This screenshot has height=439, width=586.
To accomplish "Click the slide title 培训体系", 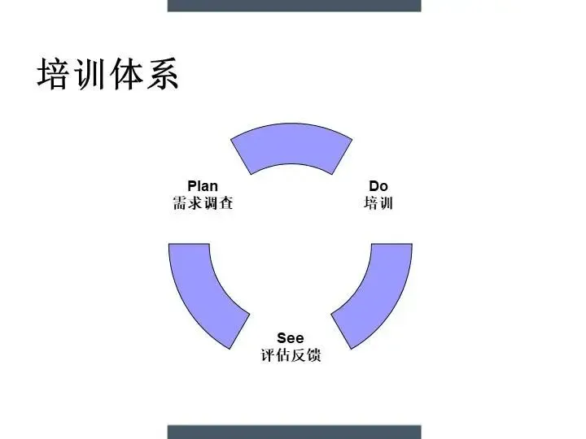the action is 107,74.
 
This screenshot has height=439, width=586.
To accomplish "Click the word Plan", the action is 203,187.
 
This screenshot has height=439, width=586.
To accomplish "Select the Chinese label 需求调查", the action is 203,203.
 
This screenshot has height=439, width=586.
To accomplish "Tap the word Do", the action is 378,187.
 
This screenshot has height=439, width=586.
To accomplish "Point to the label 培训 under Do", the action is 378,203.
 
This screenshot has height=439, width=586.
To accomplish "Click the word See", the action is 291,338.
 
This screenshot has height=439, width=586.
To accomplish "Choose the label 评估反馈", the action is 291,355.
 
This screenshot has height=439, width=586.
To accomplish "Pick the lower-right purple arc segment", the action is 376,293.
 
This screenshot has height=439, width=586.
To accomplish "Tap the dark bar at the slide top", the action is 294,5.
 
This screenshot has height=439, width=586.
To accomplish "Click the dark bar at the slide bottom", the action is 294,432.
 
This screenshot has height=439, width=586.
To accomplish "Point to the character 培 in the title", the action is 53,74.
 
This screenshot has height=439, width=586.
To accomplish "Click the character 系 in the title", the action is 161,74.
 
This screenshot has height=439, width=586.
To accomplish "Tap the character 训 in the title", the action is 89,74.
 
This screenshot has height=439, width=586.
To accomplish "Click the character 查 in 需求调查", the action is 225,203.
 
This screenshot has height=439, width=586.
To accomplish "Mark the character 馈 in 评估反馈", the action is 313,355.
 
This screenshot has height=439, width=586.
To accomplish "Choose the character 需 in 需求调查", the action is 180,203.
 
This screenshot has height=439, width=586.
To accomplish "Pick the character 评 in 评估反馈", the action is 268,355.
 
